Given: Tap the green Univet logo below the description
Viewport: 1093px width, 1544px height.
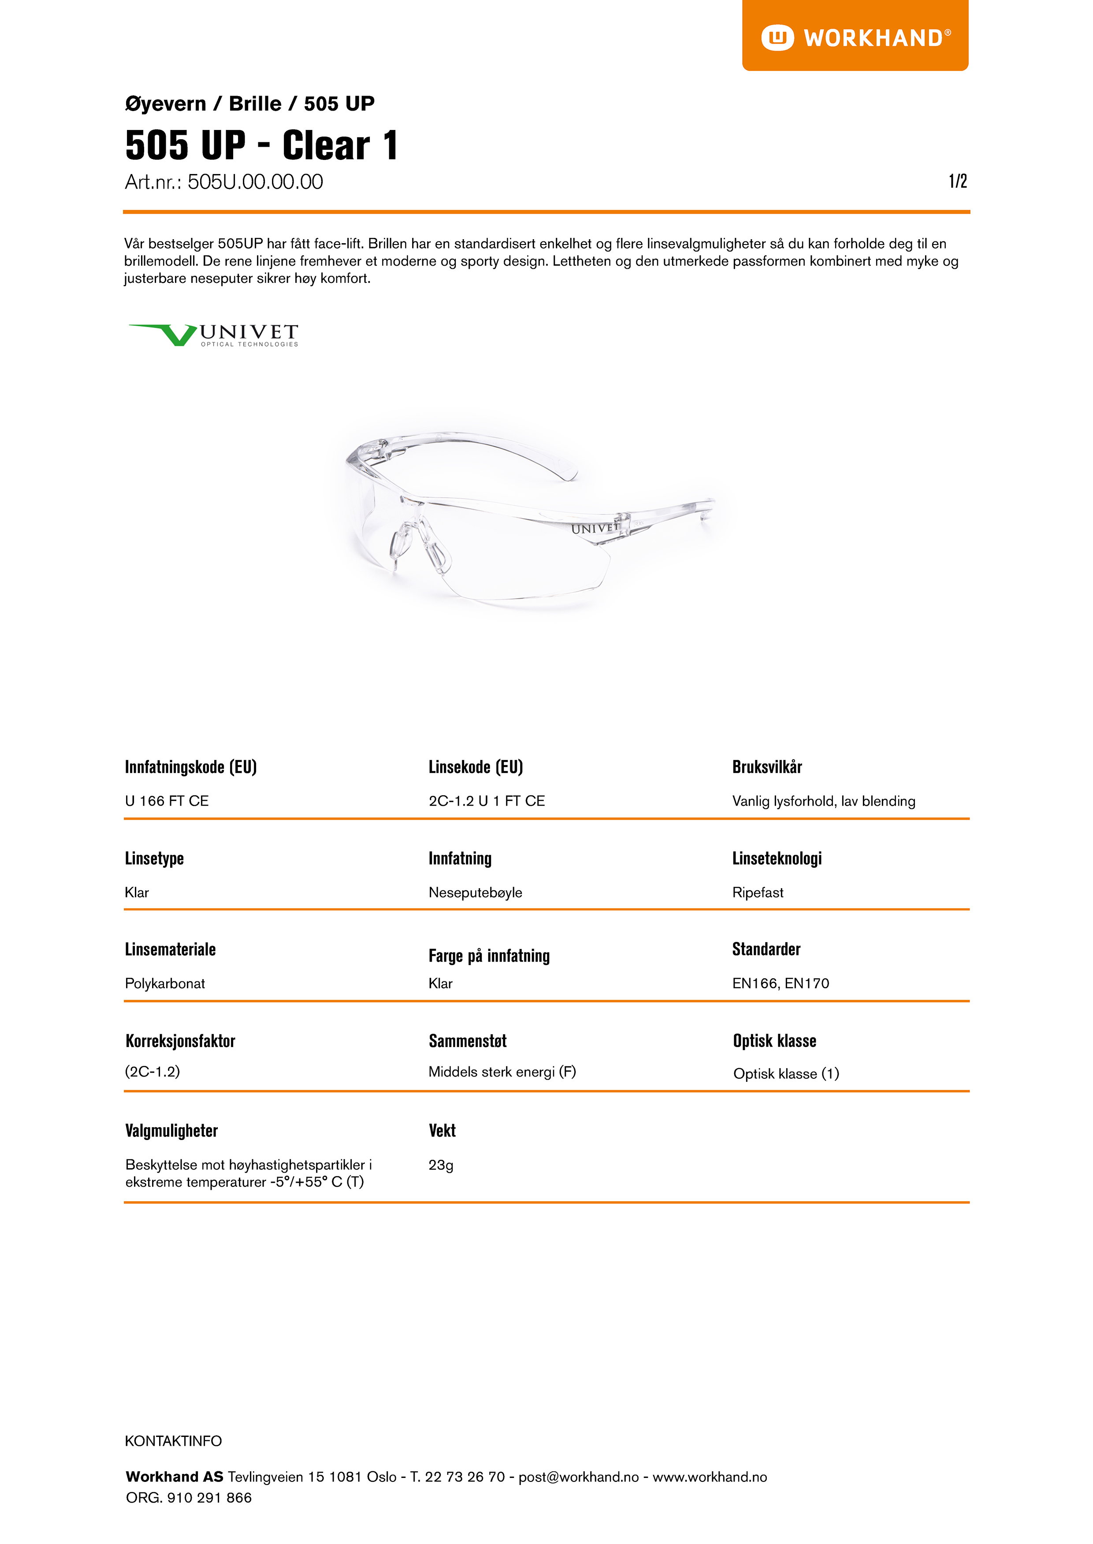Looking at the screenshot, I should [213, 334].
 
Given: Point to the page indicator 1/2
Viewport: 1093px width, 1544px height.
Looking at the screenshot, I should [957, 181].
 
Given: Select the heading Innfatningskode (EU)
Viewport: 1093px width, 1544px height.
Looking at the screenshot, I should [190, 767].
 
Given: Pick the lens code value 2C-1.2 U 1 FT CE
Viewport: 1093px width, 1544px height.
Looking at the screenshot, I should [486, 800].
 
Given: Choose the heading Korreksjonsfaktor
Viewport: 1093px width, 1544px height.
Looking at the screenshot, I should [180, 1041].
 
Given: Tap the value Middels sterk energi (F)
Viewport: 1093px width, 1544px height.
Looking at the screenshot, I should [502, 1072].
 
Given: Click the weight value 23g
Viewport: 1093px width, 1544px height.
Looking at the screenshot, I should [441, 1165].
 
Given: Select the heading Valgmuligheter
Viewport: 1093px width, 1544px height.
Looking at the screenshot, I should [171, 1130].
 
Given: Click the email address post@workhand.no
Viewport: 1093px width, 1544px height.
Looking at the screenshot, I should [578, 1477].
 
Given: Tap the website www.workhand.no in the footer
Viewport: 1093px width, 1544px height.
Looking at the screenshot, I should [710, 1477].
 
